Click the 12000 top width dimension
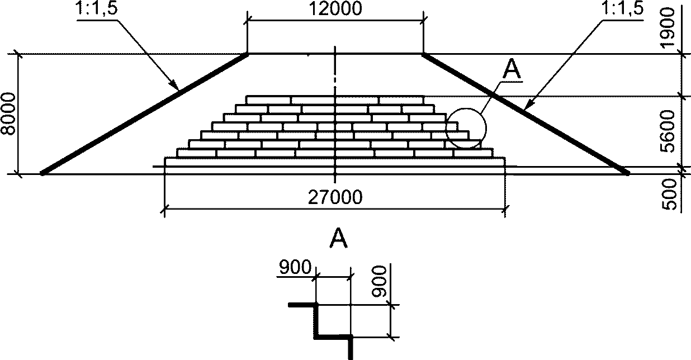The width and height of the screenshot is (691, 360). click(x=334, y=9)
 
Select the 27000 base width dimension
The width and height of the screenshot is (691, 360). click(x=335, y=197)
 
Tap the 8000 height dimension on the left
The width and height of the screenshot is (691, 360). click(x=10, y=114)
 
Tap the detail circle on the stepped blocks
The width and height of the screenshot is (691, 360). click(x=466, y=128)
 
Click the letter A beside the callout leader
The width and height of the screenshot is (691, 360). click(x=512, y=69)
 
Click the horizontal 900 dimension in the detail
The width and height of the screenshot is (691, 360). click(x=294, y=268)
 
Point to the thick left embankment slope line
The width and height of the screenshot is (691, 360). click(x=144, y=114)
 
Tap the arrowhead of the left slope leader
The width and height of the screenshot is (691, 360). click(x=176, y=87)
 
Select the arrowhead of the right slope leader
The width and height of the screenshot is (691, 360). click(x=528, y=103)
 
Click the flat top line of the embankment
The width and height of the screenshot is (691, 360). click(x=334, y=54)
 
